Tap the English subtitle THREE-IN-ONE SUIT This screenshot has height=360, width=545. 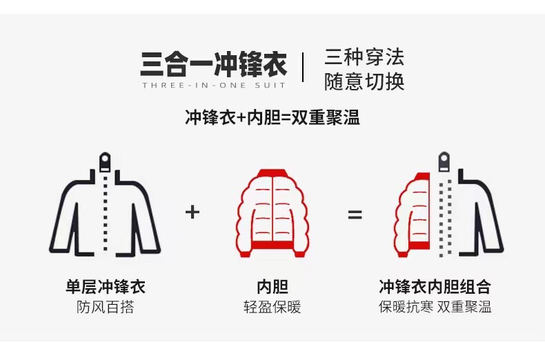tap(213, 86)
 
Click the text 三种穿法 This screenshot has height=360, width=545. tap(364, 57)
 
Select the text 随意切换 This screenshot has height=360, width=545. tap(364, 82)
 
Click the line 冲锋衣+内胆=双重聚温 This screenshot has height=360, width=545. tap(272, 117)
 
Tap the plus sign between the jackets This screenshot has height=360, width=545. tap(192, 212)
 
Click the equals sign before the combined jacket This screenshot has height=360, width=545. tap(355, 214)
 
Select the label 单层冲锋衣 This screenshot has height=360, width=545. tap(105, 287)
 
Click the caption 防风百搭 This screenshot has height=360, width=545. tap(105, 308)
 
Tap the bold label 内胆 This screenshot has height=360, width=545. tap(272, 287)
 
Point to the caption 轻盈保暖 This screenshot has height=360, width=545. tap(272, 308)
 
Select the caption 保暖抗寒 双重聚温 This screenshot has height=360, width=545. tap(435, 308)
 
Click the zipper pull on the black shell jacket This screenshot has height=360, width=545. tap(105, 161)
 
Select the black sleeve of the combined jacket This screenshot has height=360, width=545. tap(491, 221)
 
